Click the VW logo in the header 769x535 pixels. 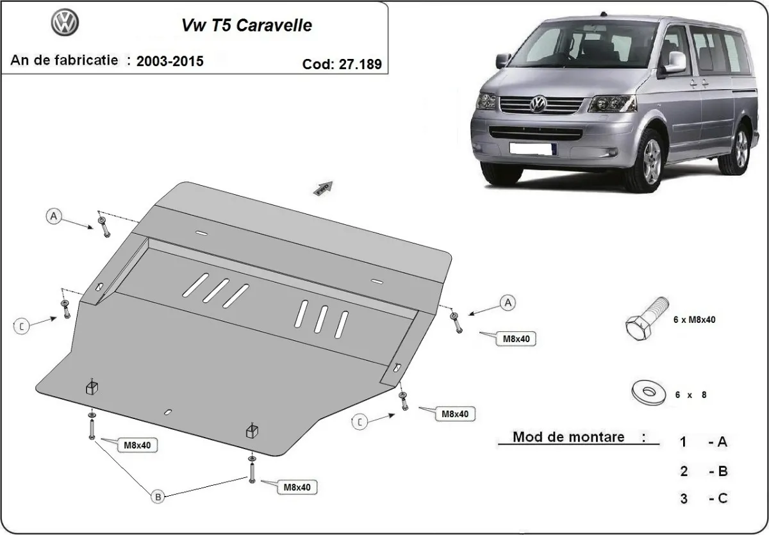point(64,25)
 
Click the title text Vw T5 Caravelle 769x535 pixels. point(244,26)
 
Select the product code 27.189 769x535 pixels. point(342,64)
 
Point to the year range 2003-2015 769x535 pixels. point(170,62)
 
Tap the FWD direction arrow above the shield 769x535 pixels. point(324,187)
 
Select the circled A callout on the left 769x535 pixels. point(54,217)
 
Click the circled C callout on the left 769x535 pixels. point(22,327)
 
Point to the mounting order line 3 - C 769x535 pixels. point(704,498)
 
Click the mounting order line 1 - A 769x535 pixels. point(704,441)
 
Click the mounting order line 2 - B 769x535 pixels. point(704,472)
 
